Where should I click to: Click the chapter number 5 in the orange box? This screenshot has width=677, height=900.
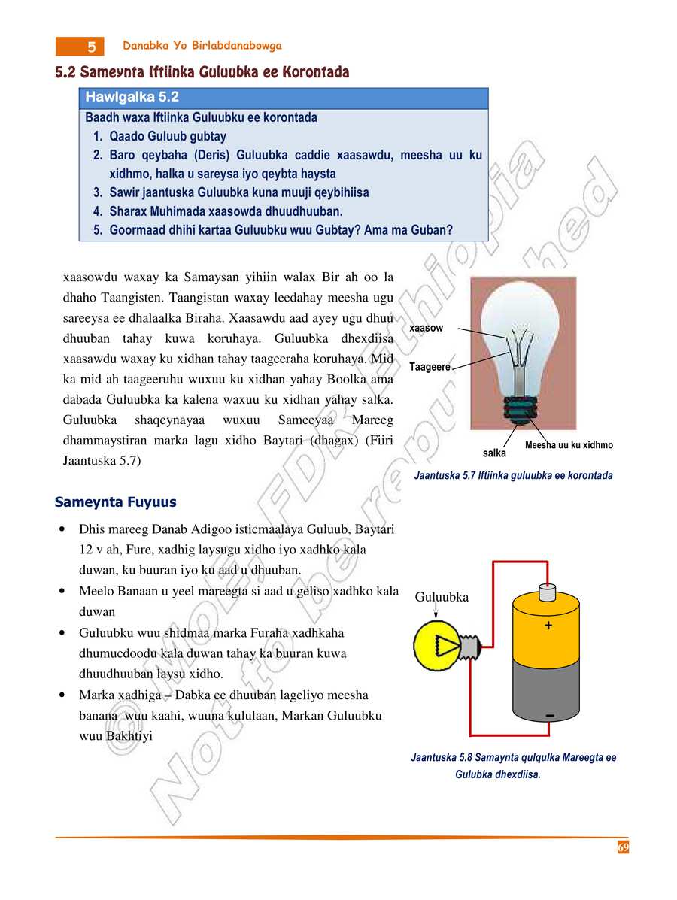pyautogui.click(x=90, y=47)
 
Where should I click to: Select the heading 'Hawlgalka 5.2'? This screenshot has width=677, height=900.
pyautogui.click(x=132, y=98)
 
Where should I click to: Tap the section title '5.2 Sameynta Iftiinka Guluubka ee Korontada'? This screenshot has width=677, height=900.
pyautogui.click(x=202, y=72)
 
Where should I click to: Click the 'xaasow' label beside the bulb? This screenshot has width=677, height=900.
pyautogui.click(x=426, y=329)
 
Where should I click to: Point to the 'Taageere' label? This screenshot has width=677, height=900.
pyautogui.click(x=430, y=367)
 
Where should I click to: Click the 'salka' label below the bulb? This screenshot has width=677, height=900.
pyautogui.click(x=494, y=453)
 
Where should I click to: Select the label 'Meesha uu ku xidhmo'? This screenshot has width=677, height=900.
pyautogui.click(x=569, y=445)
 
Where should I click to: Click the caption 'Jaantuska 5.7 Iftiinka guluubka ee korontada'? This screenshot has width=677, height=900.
pyautogui.click(x=513, y=475)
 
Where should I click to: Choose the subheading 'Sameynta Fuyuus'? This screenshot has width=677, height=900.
pyautogui.click(x=116, y=502)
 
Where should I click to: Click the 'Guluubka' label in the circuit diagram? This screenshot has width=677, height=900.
pyautogui.click(x=442, y=597)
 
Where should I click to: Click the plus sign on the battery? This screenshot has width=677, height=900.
pyautogui.click(x=548, y=626)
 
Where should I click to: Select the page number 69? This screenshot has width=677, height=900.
pyautogui.click(x=623, y=847)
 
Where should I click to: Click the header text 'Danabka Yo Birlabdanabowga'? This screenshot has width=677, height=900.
pyautogui.click(x=202, y=46)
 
